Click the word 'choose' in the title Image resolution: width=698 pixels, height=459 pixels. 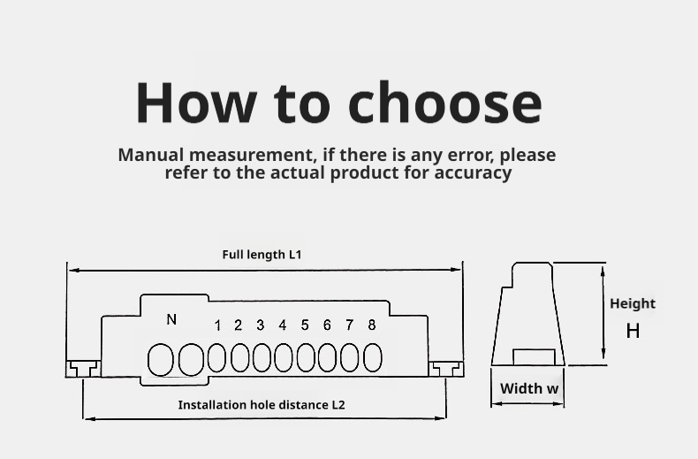[444, 102]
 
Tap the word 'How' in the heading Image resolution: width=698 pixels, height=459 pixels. [196, 102]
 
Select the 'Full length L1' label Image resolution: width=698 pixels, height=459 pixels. [262, 255]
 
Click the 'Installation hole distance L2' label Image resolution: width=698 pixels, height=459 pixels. [262, 405]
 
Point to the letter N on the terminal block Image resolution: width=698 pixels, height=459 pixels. [171, 319]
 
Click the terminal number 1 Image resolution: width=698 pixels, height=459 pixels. [217, 325]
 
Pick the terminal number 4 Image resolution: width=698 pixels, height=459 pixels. [282, 325]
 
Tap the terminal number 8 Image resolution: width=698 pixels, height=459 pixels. [372, 325]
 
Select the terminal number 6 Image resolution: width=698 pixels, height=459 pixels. [327, 325]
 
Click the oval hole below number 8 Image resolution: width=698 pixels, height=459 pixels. [373, 357]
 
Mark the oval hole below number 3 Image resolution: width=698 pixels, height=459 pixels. [262, 357]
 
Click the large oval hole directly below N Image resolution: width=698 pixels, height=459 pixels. [160, 360]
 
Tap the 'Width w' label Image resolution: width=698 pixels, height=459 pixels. [529, 388]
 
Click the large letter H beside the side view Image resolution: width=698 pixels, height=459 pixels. [633, 331]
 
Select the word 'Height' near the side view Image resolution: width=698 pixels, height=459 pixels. [633, 304]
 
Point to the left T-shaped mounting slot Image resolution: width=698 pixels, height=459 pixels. [83, 369]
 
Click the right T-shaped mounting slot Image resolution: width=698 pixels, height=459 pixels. [446, 369]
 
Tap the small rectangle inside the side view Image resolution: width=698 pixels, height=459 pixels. [534, 357]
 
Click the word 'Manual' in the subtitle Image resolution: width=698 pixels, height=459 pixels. [151, 155]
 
